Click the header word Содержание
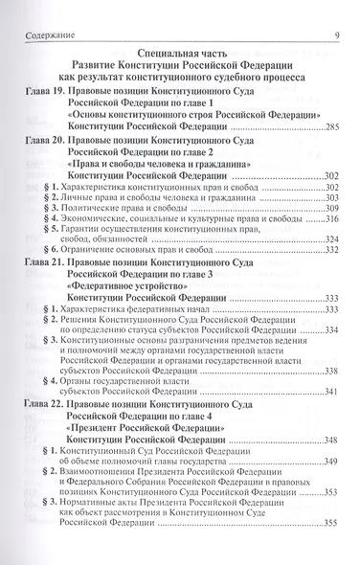[x=42, y=11]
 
